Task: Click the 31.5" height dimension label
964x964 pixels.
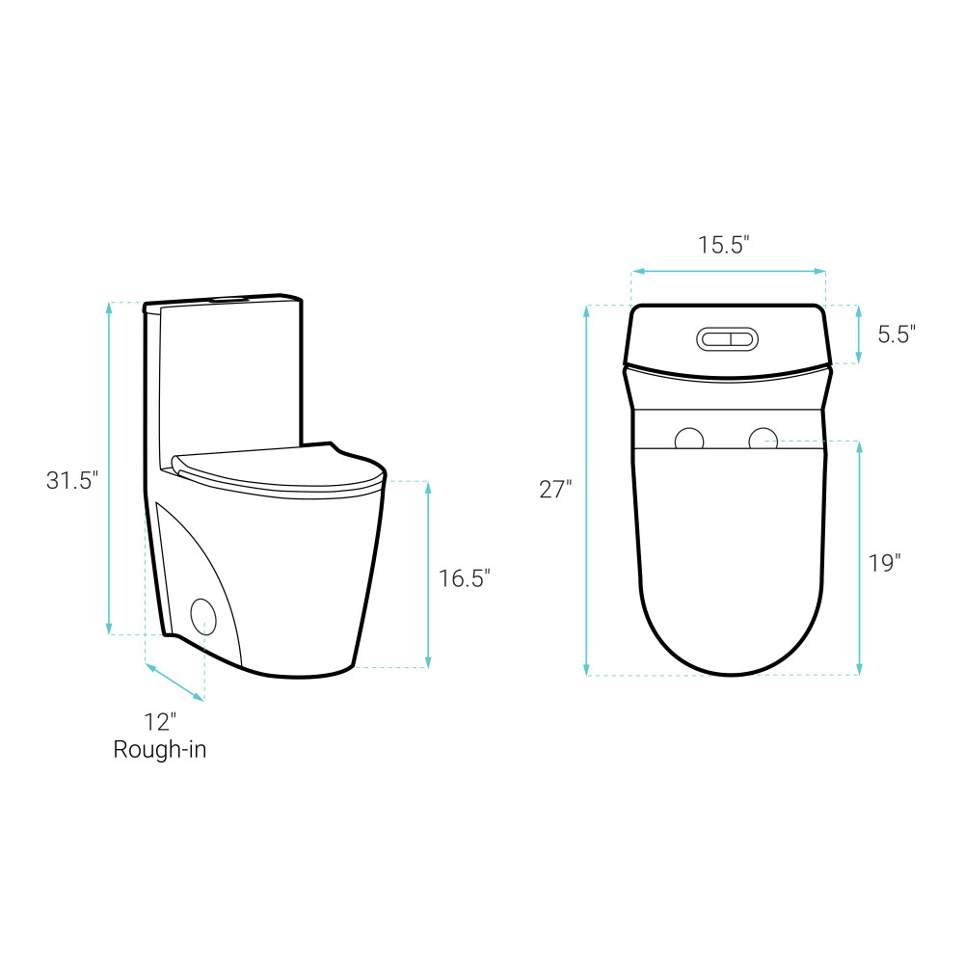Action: click(72, 480)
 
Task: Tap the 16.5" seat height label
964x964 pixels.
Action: click(465, 578)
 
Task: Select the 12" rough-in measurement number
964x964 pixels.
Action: click(160, 722)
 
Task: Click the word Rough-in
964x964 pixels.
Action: click(160, 749)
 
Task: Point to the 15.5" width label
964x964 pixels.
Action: click(724, 245)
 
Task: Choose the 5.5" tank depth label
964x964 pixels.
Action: click(897, 335)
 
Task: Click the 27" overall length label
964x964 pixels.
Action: click(555, 490)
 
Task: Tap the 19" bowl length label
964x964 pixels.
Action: click(884, 563)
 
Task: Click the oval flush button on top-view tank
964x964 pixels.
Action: click(727, 339)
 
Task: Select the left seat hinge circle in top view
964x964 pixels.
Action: click(689, 439)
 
